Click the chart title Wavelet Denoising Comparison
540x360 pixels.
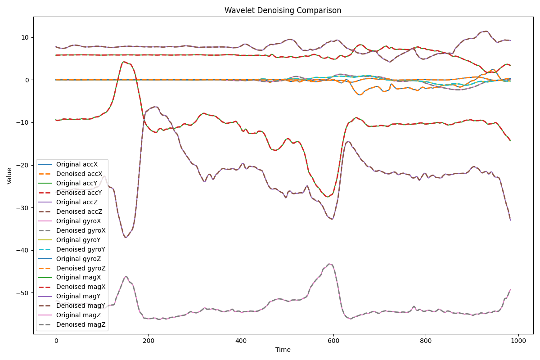pyautogui.click(x=283, y=10)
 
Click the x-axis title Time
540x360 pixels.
pyautogui.click(x=283, y=350)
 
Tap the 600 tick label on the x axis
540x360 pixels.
pyautogui.click(x=333, y=341)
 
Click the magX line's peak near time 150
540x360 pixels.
pyautogui.click(x=124, y=62)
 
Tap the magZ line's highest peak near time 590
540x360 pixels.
pyautogui.click(x=329, y=264)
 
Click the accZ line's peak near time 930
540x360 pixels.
pyautogui.click(x=486, y=31)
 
